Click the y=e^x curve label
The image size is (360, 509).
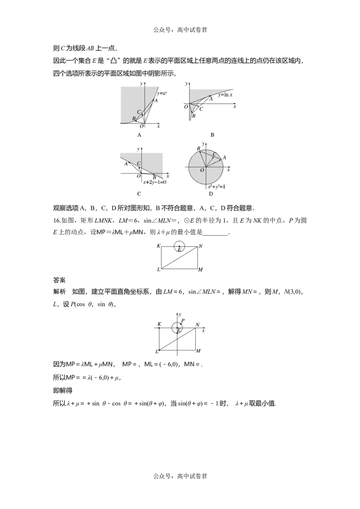pos(162,94)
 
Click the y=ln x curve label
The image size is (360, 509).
pos(225,95)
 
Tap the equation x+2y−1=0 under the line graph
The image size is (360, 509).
pos(155,182)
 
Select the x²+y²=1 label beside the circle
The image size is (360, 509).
pos(217,186)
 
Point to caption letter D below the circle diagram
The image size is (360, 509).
pos(211,194)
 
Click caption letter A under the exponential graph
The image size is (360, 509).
pos(139,135)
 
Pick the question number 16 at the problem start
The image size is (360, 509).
pos(56,221)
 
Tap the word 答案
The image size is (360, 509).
pos(59,280)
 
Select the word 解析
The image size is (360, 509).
pos(59,291)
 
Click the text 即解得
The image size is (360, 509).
pos(63,390)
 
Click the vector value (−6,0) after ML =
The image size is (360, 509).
pos(169,364)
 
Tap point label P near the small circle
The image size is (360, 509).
pos(183,321)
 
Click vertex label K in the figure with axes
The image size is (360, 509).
pos(159,324)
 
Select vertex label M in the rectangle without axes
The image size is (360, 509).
pos(200,270)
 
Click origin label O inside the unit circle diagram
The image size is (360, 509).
pos(202,170)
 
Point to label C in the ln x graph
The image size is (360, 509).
pos(201,109)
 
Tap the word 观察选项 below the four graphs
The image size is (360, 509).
pos(66,208)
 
